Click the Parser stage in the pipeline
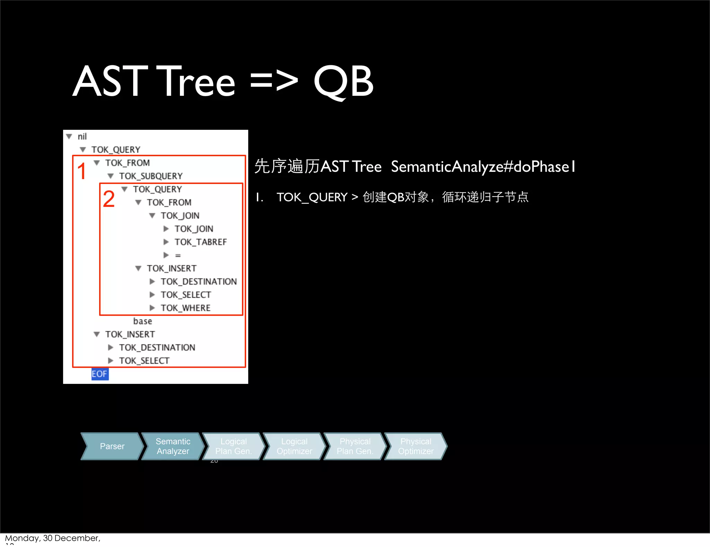(x=112, y=446)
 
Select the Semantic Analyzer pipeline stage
(x=173, y=446)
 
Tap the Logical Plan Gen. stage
(x=233, y=446)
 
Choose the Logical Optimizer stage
(x=294, y=446)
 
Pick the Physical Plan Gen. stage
(x=355, y=446)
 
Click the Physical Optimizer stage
(x=415, y=446)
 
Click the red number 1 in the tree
(x=82, y=171)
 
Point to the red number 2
(x=109, y=199)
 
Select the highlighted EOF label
(x=99, y=374)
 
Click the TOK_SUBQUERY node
(x=150, y=176)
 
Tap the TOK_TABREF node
(x=200, y=242)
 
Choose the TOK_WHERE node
(x=185, y=308)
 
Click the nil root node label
(x=82, y=136)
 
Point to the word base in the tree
(x=142, y=321)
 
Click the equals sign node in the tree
(x=178, y=255)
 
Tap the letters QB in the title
(x=343, y=82)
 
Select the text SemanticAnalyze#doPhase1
(x=483, y=167)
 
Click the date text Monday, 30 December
(x=52, y=538)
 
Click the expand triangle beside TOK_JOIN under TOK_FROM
(x=152, y=216)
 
